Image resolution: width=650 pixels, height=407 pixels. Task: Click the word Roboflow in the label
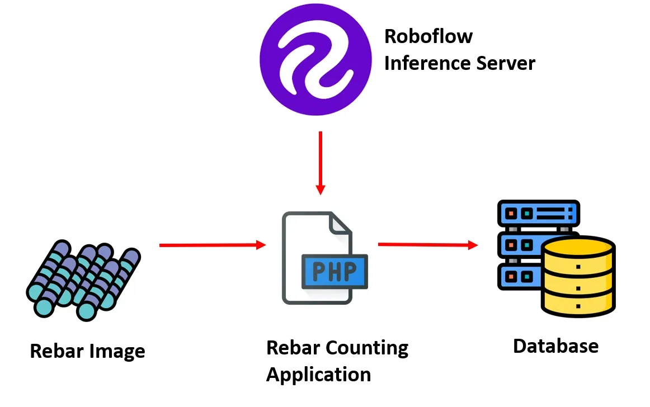point(428,37)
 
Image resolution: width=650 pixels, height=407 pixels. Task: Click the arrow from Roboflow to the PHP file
point(320,162)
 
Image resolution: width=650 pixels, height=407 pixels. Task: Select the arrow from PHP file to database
point(427,244)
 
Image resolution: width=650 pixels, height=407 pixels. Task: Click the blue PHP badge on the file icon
point(334,272)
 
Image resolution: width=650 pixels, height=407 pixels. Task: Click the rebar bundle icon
point(83,280)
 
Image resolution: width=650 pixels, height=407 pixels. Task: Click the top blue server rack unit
point(538,213)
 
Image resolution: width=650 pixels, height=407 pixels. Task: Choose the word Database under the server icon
point(555,346)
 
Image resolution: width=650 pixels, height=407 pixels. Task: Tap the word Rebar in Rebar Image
point(56,352)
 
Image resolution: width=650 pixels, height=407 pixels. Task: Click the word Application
point(318,375)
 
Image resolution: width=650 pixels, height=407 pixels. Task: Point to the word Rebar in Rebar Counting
point(293,348)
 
